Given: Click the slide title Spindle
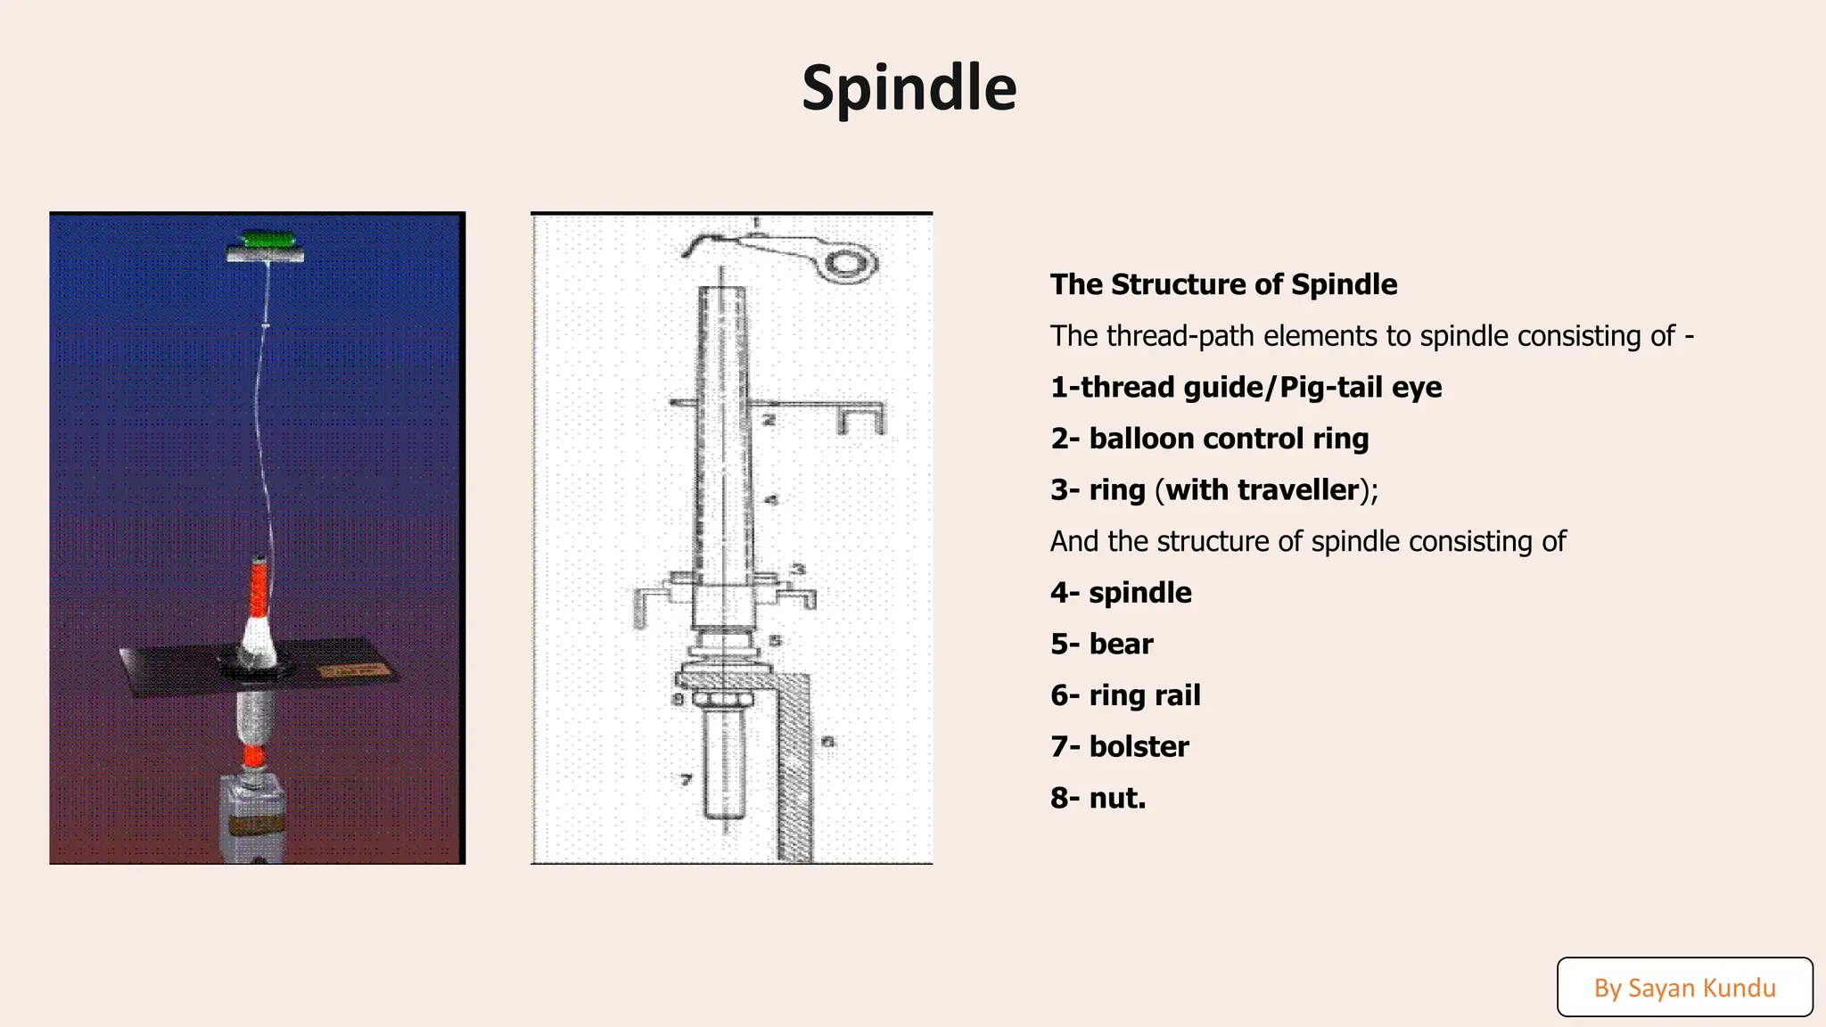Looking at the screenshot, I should tap(909, 87).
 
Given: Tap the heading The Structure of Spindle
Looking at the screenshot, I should tap(1223, 284).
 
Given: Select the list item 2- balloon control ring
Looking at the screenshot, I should tap(1209, 439).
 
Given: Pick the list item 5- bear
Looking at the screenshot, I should tap(1101, 644).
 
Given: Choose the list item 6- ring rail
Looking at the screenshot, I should tap(1125, 695).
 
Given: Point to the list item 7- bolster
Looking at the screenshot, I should tap(1119, 746).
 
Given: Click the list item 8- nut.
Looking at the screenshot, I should tap(1098, 798).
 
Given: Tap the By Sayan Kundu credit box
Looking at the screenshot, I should tap(1684, 987).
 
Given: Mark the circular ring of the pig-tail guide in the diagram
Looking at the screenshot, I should tap(851, 264).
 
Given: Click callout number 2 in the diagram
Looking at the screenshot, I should tap(769, 419).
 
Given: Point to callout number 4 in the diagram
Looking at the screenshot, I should tap(772, 500).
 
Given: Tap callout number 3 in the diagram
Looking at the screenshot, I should tap(799, 569).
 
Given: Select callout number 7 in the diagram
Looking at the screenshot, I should tap(686, 779).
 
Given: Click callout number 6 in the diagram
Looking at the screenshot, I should tap(827, 741).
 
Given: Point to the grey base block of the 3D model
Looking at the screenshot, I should tap(253, 816).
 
